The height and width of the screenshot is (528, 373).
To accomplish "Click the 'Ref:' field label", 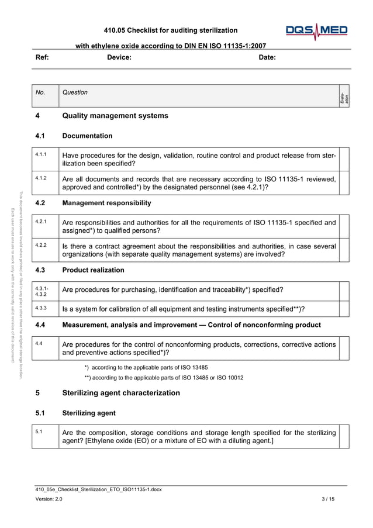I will [x=42, y=57].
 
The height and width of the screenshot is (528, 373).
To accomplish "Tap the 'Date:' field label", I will [x=267, y=57].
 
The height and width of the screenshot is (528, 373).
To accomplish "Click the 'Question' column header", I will [x=75, y=92].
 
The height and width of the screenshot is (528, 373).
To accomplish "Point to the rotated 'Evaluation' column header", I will [x=344, y=96].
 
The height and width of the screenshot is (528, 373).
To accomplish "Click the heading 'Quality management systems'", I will [x=115, y=116].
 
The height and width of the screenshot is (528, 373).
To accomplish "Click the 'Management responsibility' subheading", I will [x=106, y=203].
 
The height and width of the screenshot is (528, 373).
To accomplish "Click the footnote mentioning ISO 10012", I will [x=164, y=378].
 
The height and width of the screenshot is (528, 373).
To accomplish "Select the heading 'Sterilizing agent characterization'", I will [x=121, y=393].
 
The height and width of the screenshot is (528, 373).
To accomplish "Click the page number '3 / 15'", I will [x=329, y=499].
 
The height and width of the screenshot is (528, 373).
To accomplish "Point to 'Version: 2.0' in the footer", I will [x=49, y=499].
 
